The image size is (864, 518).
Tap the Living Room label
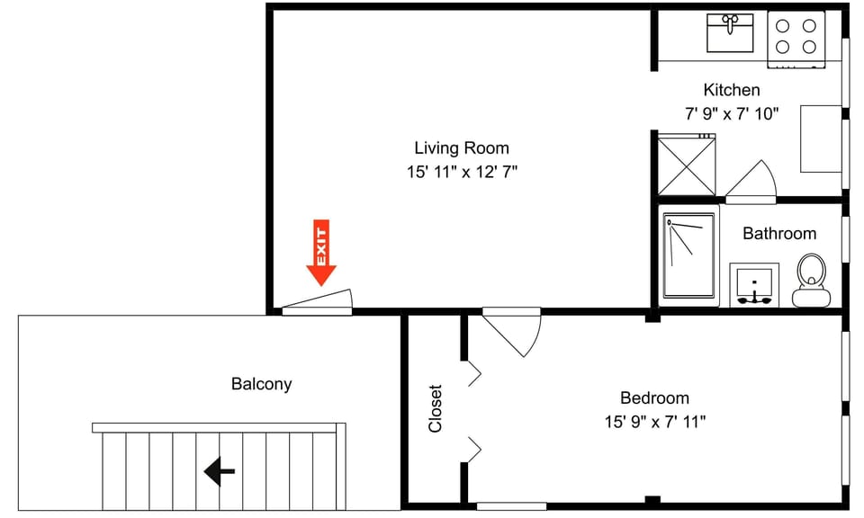(461, 148)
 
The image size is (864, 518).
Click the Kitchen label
(731, 90)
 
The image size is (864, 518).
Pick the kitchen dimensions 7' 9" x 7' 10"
(731, 113)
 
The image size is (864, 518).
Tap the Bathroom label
(779, 234)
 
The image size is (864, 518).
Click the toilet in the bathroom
(810, 280)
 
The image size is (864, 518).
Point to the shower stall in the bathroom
(689, 255)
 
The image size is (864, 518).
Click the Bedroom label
(654, 398)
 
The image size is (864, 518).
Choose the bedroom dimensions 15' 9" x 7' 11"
(654, 421)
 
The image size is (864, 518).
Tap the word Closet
(436, 409)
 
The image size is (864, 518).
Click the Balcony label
(261, 384)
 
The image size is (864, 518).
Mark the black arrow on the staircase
(220, 470)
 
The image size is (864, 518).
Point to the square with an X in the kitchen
(685, 165)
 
